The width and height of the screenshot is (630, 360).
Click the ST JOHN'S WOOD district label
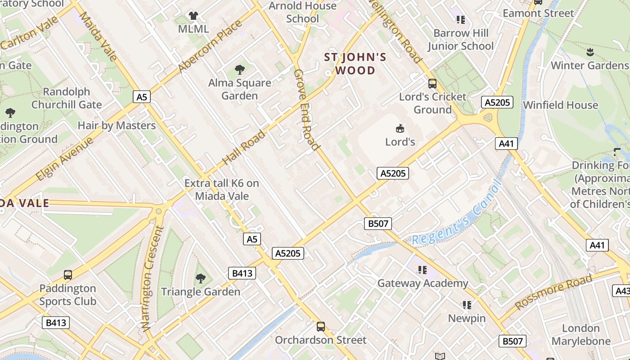tap(355, 64)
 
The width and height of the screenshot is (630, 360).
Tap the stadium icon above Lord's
tap(400, 129)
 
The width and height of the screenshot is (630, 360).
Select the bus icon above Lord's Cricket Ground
tap(432, 83)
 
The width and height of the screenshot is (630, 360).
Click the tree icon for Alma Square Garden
tap(240, 69)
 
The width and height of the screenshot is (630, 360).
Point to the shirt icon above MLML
tap(193, 16)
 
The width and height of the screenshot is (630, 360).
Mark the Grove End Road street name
tap(306, 109)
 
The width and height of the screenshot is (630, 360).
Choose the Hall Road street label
tap(243, 148)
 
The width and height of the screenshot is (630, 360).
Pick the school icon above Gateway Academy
tap(422, 270)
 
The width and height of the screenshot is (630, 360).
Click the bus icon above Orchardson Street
tap(321, 327)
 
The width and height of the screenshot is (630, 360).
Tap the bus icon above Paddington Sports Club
tap(68, 275)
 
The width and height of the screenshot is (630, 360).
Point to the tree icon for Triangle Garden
tap(201, 279)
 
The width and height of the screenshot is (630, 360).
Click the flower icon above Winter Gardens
tap(590, 52)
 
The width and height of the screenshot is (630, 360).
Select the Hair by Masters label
tap(117, 126)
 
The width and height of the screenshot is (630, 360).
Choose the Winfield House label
tap(560, 105)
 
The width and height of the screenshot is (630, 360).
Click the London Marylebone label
tap(581, 334)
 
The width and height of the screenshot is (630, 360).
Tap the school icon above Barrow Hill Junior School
tap(460, 19)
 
